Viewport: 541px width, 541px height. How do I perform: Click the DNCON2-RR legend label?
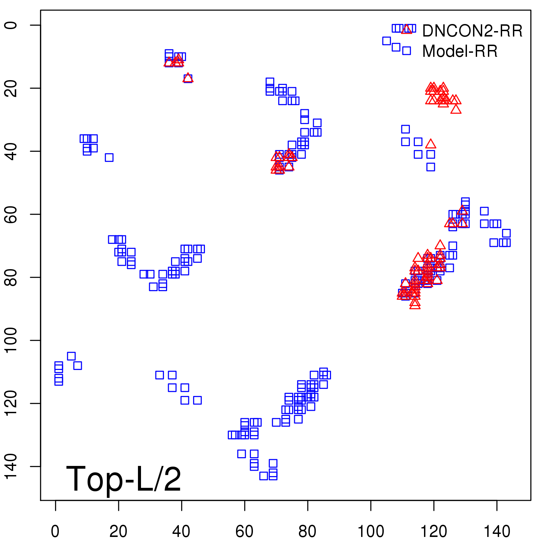coord(472,31)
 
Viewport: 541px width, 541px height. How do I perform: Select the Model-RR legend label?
coord(460,51)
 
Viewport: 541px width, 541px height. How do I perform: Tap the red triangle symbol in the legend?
coord(407,29)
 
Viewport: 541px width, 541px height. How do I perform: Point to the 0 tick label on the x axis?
coord(55,532)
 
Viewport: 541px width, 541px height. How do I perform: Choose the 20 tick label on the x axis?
coord(118,532)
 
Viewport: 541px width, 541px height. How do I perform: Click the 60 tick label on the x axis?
coord(244,532)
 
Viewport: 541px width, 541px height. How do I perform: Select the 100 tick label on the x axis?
coord(371,532)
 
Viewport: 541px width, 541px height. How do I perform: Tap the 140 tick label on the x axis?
coord(497,532)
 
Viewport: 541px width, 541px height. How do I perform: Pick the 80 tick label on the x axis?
coord(308,532)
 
